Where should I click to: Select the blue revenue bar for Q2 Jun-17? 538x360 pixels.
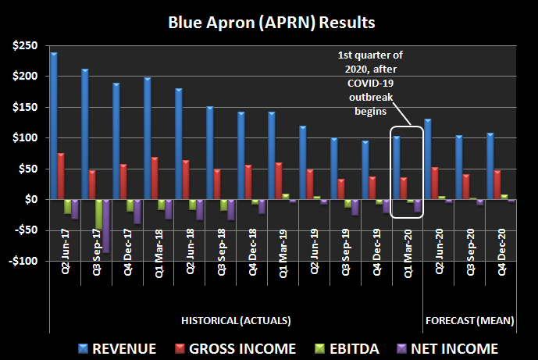click(54, 126)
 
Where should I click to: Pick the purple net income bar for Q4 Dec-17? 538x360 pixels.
click(137, 212)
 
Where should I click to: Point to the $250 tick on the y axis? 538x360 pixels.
click(29, 46)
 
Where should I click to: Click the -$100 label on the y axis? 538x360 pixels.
click(27, 262)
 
